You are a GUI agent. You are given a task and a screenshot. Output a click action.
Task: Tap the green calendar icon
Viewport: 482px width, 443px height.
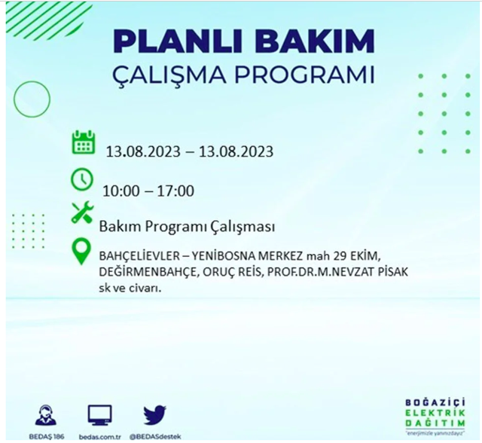[83, 142]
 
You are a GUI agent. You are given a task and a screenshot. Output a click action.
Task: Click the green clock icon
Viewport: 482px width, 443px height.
[82, 180]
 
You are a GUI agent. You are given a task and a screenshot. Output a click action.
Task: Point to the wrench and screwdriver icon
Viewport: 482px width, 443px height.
[82, 213]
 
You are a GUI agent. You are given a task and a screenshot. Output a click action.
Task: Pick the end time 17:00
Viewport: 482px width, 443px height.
[176, 191]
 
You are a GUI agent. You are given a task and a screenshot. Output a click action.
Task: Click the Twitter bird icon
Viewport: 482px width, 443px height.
[154, 415]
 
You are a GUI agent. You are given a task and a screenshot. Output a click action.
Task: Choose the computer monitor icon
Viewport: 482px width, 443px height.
[99, 414]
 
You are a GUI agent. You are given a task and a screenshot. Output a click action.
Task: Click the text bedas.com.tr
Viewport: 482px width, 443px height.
[99, 436]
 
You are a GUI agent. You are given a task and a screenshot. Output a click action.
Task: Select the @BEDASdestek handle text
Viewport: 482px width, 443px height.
[154, 436]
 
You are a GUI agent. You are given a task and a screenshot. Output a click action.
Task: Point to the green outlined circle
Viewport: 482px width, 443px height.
[32, 98]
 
